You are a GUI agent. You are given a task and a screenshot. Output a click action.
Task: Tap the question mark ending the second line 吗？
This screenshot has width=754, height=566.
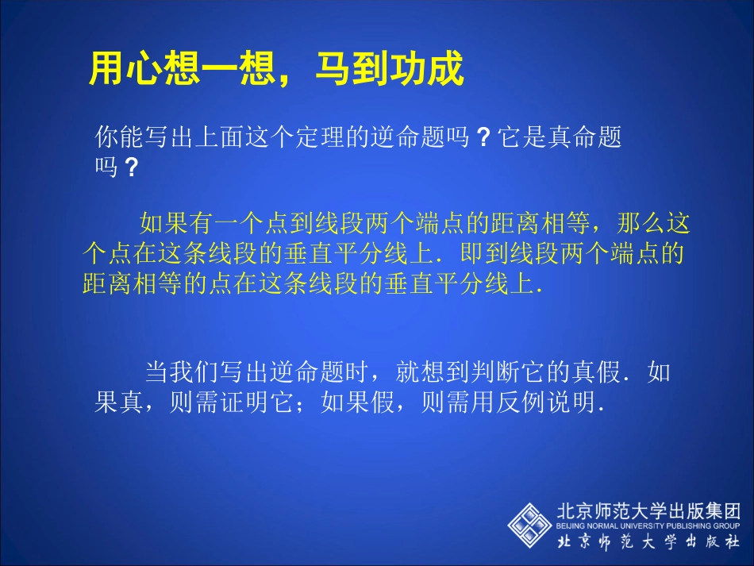(132, 167)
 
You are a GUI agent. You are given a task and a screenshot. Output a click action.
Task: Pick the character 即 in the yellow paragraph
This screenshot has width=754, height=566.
(459, 254)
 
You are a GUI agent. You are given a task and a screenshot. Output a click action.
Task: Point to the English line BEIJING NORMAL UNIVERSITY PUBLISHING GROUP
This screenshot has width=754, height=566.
(648, 526)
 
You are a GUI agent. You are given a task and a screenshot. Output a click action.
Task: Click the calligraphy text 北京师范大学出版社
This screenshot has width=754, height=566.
(648, 542)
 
